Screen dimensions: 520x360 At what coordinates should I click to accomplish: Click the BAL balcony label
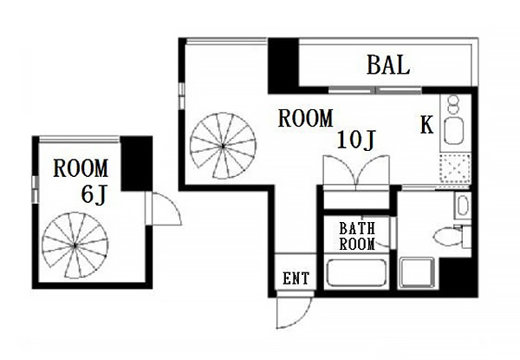click(388, 65)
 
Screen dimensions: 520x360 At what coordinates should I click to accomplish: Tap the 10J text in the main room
click(356, 140)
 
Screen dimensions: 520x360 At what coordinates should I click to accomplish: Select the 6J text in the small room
click(94, 194)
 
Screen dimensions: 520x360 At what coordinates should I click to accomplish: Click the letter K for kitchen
click(426, 126)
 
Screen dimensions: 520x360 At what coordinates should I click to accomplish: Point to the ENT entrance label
click(296, 278)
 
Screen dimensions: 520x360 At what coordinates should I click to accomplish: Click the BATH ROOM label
click(357, 236)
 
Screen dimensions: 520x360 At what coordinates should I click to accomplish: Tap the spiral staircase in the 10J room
click(223, 146)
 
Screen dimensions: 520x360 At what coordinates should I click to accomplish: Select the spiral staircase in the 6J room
click(75, 245)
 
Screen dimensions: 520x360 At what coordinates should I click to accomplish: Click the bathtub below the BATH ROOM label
click(356, 272)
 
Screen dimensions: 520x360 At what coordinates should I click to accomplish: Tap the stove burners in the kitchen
click(452, 104)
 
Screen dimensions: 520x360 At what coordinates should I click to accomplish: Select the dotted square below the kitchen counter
click(455, 168)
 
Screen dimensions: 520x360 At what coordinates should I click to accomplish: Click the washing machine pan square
click(417, 273)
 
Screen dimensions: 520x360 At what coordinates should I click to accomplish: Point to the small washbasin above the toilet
click(462, 206)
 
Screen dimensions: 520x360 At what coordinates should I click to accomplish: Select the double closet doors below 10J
click(356, 173)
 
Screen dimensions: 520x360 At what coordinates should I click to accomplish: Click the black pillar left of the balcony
click(283, 66)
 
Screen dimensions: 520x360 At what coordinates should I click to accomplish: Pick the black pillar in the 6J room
click(136, 163)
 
